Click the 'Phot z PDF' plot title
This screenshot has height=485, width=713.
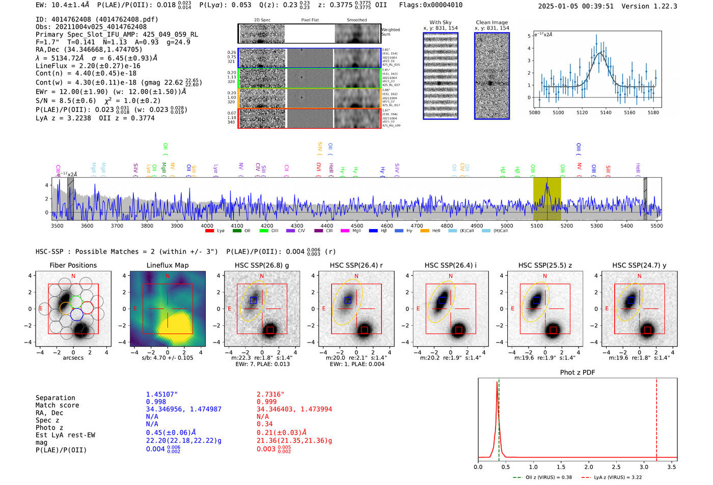(x=578, y=373)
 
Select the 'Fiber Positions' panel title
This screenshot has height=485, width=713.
(x=73, y=265)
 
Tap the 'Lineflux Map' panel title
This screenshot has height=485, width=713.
(x=168, y=265)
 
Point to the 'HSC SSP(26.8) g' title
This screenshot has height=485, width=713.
(x=262, y=265)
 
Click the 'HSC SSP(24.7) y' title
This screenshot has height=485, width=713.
(x=639, y=265)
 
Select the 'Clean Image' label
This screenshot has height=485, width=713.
(x=491, y=22)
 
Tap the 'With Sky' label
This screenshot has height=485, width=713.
(x=440, y=22)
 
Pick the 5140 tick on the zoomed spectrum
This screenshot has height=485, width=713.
(x=606, y=112)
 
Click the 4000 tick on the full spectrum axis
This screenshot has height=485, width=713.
(x=207, y=226)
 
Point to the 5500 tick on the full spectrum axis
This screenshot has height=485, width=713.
(x=656, y=226)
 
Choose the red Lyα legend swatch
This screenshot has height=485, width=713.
(x=209, y=231)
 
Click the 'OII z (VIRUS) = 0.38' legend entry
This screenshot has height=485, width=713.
(x=542, y=477)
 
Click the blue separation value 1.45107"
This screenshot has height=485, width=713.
(x=161, y=394)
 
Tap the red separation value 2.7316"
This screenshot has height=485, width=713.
(x=270, y=394)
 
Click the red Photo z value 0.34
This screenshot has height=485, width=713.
(x=264, y=424)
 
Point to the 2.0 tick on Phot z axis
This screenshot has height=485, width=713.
(x=589, y=467)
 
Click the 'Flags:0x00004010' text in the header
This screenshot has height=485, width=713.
(x=430, y=5)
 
